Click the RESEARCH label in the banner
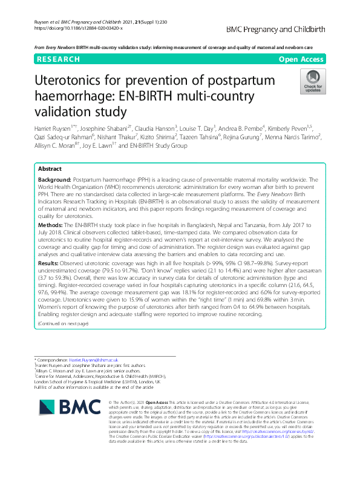pos(58,59)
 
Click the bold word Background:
pos(54,164)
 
